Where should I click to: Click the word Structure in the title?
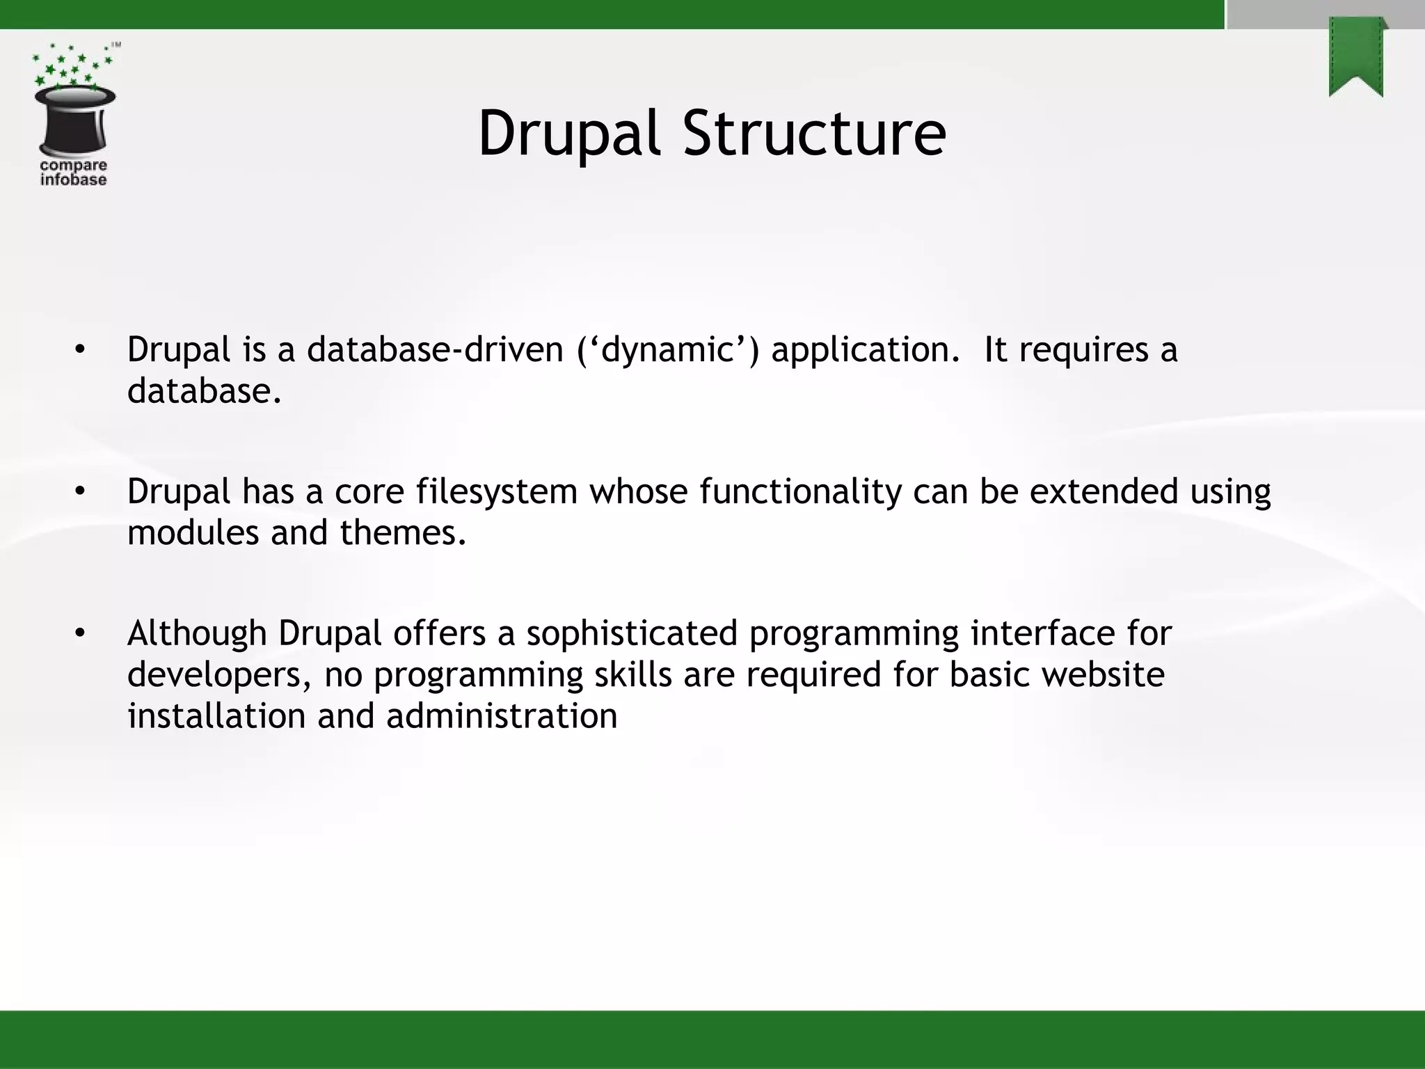(x=813, y=134)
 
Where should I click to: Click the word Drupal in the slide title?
(x=568, y=134)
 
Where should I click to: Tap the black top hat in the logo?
(x=74, y=122)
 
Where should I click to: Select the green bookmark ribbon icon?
(x=1356, y=58)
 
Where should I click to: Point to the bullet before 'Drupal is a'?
(x=80, y=349)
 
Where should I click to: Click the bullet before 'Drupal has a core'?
(x=80, y=492)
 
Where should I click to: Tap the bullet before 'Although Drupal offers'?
(x=80, y=633)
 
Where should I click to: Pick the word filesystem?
(x=497, y=491)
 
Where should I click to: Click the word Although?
(x=197, y=633)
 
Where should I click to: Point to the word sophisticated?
(x=631, y=633)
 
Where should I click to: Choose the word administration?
(x=502, y=716)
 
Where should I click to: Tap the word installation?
(x=216, y=716)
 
